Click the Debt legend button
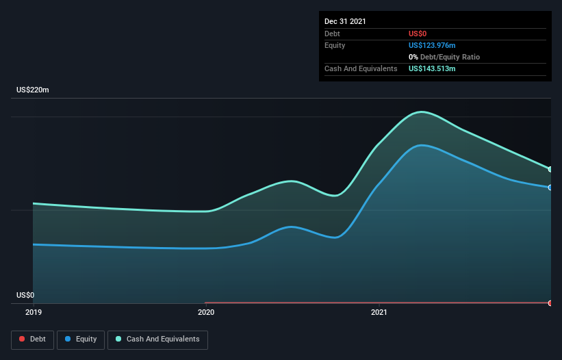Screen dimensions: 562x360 point(32,339)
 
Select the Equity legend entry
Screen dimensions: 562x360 point(81,339)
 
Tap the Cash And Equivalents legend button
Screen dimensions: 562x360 point(157,339)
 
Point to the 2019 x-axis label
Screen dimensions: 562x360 point(34,312)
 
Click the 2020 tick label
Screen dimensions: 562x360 point(206,312)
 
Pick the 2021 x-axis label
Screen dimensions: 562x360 point(379,312)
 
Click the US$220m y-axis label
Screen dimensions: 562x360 point(33,90)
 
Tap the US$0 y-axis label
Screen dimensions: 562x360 point(25,295)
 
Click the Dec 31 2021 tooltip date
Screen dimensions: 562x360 point(345,21)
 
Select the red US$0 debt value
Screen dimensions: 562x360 point(418,34)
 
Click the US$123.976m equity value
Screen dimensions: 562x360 point(432,45)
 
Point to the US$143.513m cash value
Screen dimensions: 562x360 point(432,68)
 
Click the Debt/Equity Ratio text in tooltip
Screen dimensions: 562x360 point(450,57)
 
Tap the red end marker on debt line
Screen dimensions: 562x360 point(550,303)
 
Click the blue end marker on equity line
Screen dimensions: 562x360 point(550,188)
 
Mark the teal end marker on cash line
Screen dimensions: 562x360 point(550,170)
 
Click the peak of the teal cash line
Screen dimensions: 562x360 point(422,112)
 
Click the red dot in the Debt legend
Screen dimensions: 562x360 point(22,339)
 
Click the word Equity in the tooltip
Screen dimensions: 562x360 point(335,45)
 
